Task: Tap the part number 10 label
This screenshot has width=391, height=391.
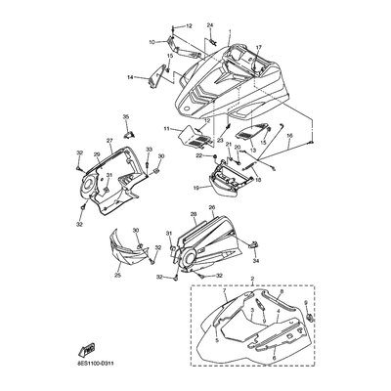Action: click(152, 42)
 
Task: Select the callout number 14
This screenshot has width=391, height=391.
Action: click(129, 76)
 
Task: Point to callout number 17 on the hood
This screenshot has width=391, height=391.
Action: click(259, 48)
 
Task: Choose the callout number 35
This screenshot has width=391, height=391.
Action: click(125, 117)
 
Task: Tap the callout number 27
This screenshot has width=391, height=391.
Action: click(110, 142)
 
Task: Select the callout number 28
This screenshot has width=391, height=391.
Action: click(195, 214)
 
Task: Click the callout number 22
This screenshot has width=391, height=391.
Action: click(199, 155)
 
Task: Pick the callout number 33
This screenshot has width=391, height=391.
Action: click(150, 149)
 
